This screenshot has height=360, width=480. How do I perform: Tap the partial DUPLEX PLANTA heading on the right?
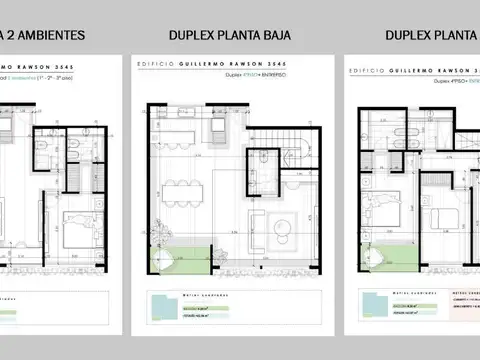pyautogui.click(x=431, y=36)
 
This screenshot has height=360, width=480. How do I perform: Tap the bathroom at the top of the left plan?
pyautogui.click(x=85, y=145)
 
